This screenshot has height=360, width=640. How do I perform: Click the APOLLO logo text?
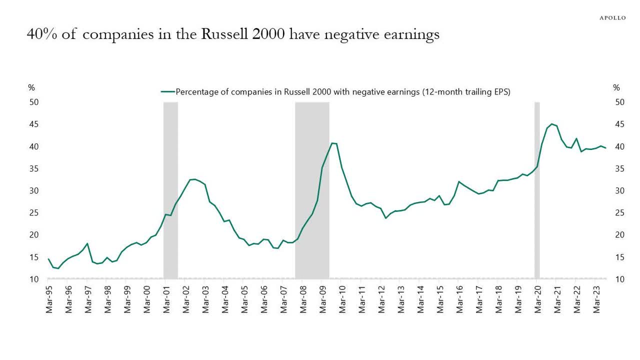[x=612, y=18]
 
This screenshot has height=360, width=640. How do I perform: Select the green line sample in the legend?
[x=167, y=92]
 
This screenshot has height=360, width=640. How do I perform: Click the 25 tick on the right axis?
[x=619, y=212]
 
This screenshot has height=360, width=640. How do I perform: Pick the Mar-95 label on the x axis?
[x=49, y=299]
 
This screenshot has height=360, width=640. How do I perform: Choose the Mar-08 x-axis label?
[x=303, y=299]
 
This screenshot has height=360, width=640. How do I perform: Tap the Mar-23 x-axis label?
[x=596, y=299]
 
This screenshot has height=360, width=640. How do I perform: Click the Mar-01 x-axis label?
[x=166, y=299]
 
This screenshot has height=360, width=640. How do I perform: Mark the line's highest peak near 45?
[x=551, y=124]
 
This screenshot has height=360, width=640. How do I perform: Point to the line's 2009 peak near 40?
[x=332, y=143]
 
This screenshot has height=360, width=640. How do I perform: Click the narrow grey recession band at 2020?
[x=537, y=190]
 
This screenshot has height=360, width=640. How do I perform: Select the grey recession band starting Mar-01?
[x=170, y=190]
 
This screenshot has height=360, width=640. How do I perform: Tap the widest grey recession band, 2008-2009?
[x=312, y=190]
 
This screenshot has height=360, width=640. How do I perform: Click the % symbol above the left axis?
[x=31, y=88]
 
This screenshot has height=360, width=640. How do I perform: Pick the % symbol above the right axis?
[x=616, y=88]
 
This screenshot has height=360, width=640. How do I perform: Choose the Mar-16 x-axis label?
[x=459, y=299]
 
